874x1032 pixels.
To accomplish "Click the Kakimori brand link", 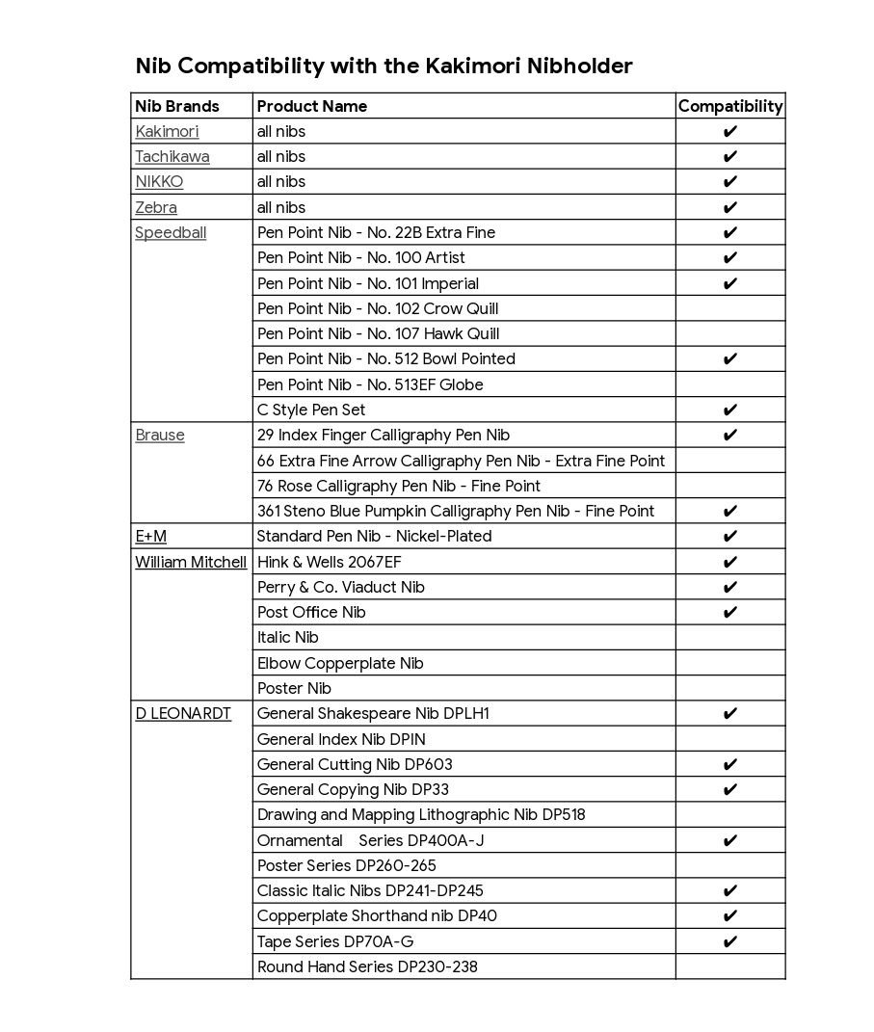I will pos(167,131).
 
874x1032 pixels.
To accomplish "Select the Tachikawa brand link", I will pos(172,156).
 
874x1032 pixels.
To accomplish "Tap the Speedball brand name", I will pos(171,232).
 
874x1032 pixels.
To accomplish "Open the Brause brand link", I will pos(160,435).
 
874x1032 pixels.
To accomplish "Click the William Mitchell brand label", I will pos(191,562).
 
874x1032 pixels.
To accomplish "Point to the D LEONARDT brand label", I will pos(183,713).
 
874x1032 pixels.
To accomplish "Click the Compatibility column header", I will pos(730,106).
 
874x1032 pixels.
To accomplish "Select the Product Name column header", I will pos(312,106).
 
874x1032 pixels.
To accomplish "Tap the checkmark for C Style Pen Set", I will pos(730,410).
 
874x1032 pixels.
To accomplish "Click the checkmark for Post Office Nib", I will pos(730,612).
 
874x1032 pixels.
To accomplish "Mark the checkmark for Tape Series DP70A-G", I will pos(730,941).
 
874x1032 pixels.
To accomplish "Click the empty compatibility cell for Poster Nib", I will pos(730,688).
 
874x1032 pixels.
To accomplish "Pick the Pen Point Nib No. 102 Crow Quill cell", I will pos(378,308).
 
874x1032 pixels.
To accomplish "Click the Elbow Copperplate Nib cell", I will pos(340,663).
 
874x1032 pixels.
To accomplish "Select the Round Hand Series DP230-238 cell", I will pos(367,966).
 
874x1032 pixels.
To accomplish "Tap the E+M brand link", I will pos(150,536).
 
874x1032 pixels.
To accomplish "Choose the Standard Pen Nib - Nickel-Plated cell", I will pos(374,536).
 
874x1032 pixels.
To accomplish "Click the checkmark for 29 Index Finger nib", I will pos(730,435).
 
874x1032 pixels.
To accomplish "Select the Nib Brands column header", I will pos(177,106).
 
